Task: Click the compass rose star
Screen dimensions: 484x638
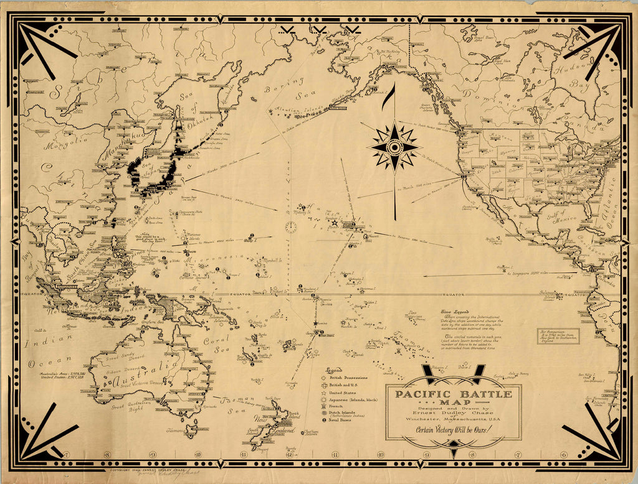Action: tap(394, 147)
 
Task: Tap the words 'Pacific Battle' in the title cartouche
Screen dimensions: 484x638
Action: tap(453, 394)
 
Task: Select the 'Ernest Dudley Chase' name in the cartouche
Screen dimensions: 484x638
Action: tap(453, 411)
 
